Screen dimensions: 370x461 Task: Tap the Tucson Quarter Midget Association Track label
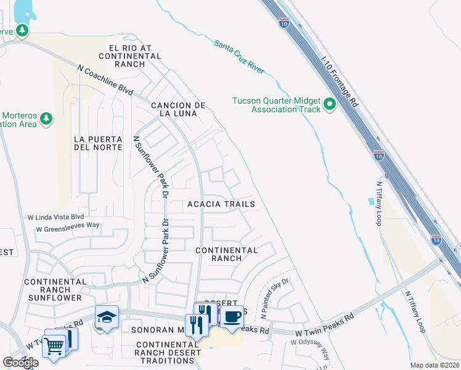point(277,105)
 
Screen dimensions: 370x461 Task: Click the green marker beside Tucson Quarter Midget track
point(330,105)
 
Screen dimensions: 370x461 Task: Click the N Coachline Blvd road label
point(105,80)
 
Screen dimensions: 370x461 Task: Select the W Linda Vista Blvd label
point(55,217)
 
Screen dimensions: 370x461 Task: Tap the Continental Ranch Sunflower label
point(54,289)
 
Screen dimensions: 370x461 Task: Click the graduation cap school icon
point(107,317)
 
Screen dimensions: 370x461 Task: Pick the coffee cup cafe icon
point(232,317)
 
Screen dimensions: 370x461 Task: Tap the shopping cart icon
point(54,346)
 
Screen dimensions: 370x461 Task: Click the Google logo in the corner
point(20,363)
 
